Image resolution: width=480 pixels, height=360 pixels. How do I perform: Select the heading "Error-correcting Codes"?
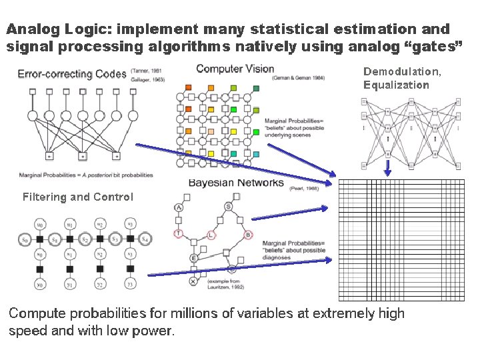(x=71, y=73)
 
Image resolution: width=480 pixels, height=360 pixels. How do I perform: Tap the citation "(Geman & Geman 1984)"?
(x=298, y=78)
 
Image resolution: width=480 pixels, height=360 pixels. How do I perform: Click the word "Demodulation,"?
(x=402, y=71)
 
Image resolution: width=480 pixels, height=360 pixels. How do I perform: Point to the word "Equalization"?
(x=396, y=85)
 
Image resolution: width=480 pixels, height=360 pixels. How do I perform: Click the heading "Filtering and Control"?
(x=77, y=197)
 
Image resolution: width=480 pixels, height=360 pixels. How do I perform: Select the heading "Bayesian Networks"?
(x=236, y=183)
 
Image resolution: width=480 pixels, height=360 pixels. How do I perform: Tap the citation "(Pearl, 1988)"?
(x=305, y=189)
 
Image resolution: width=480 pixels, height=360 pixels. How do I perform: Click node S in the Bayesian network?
(x=228, y=207)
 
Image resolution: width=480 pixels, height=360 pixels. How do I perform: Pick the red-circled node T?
(x=178, y=233)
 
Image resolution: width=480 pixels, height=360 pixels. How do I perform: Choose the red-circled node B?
(x=248, y=235)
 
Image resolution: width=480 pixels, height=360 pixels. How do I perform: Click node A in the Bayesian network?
(x=179, y=208)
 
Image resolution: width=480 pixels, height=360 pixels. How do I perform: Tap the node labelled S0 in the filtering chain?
(x=24, y=239)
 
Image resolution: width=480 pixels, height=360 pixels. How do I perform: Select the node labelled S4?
(x=145, y=239)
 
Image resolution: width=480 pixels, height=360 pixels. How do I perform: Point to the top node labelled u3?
(x=131, y=223)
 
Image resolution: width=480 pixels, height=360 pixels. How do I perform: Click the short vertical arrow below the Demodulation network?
(x=387, y=170)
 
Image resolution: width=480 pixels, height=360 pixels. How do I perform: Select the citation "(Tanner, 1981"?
(x=148, y=71)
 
